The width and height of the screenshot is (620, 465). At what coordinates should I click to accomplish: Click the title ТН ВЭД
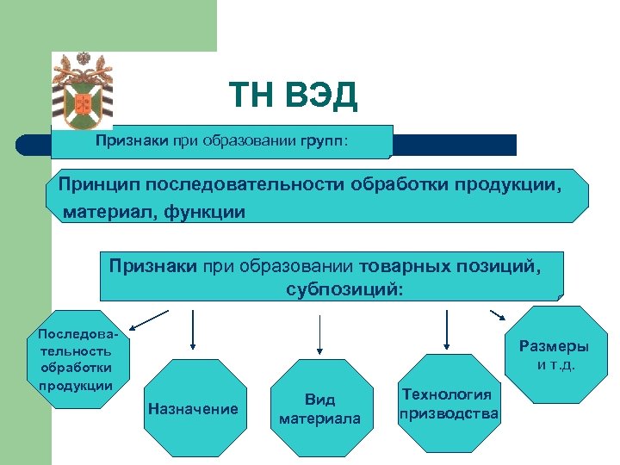point(293,96)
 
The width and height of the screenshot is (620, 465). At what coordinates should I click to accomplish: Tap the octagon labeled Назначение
point(193,408)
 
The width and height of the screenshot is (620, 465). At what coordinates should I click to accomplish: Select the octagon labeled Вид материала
point(319,409)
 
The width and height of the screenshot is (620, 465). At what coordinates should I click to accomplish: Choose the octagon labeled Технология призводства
point(448,404)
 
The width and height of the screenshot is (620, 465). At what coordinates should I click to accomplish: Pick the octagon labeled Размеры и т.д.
point(554,355)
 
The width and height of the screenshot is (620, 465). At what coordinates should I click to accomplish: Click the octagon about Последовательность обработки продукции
point(76,356)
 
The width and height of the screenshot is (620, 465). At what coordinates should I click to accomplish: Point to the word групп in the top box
point(321,139)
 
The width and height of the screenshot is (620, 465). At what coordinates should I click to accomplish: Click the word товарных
point(400,266)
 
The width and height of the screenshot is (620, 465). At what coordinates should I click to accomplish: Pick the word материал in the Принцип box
point(103,211)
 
